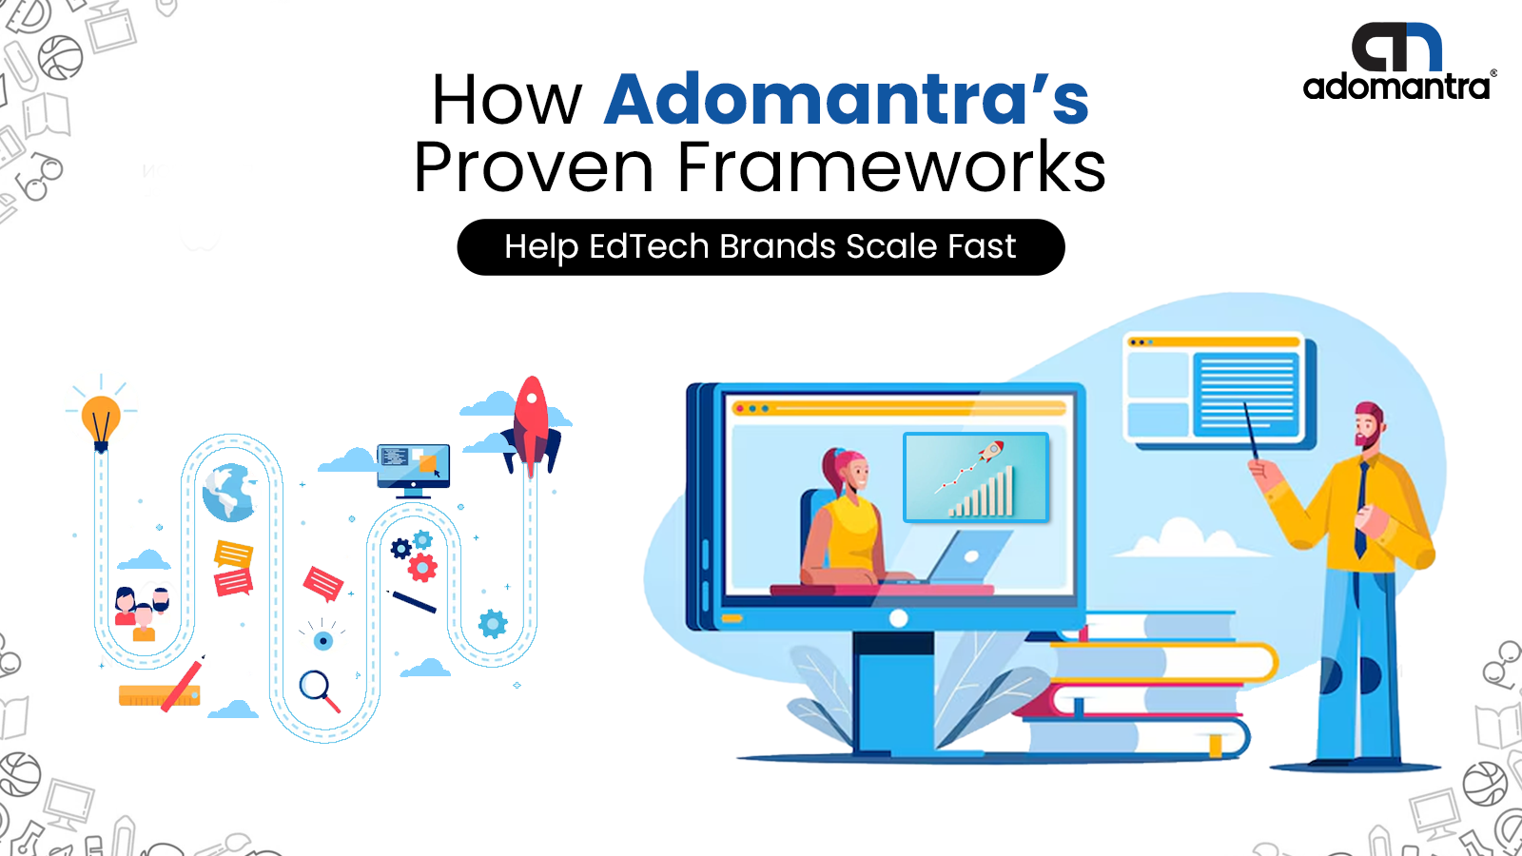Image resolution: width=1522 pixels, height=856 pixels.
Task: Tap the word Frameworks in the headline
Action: click(891, 166)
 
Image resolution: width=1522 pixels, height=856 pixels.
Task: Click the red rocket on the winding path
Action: click(532, 424)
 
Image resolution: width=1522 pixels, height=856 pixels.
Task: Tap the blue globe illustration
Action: click(229, 492)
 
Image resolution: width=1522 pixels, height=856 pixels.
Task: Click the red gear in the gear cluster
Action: click(422, 567)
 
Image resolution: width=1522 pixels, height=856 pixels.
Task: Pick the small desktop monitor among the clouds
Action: click(413, 470)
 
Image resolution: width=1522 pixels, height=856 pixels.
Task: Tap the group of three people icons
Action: click(142, 613)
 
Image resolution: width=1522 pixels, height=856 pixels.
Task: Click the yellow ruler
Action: click(159, 695)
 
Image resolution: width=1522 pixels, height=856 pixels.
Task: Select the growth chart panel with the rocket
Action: click(976, 477)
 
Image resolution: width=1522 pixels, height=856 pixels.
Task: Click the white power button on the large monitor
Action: click(898, 618)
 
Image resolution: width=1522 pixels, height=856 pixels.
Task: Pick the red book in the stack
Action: click(1128, 700)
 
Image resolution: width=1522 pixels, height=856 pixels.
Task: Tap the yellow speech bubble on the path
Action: click(234, 554)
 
